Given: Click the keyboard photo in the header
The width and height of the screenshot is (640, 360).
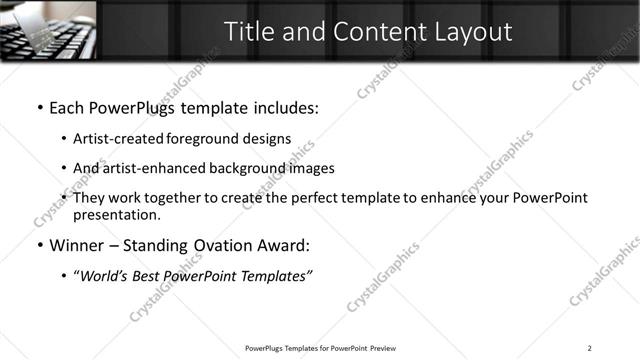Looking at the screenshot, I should pyautogui.click(x=48, y=30).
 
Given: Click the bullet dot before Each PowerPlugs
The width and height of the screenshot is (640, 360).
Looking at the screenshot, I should pyautogui.click(x=39, y=107).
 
